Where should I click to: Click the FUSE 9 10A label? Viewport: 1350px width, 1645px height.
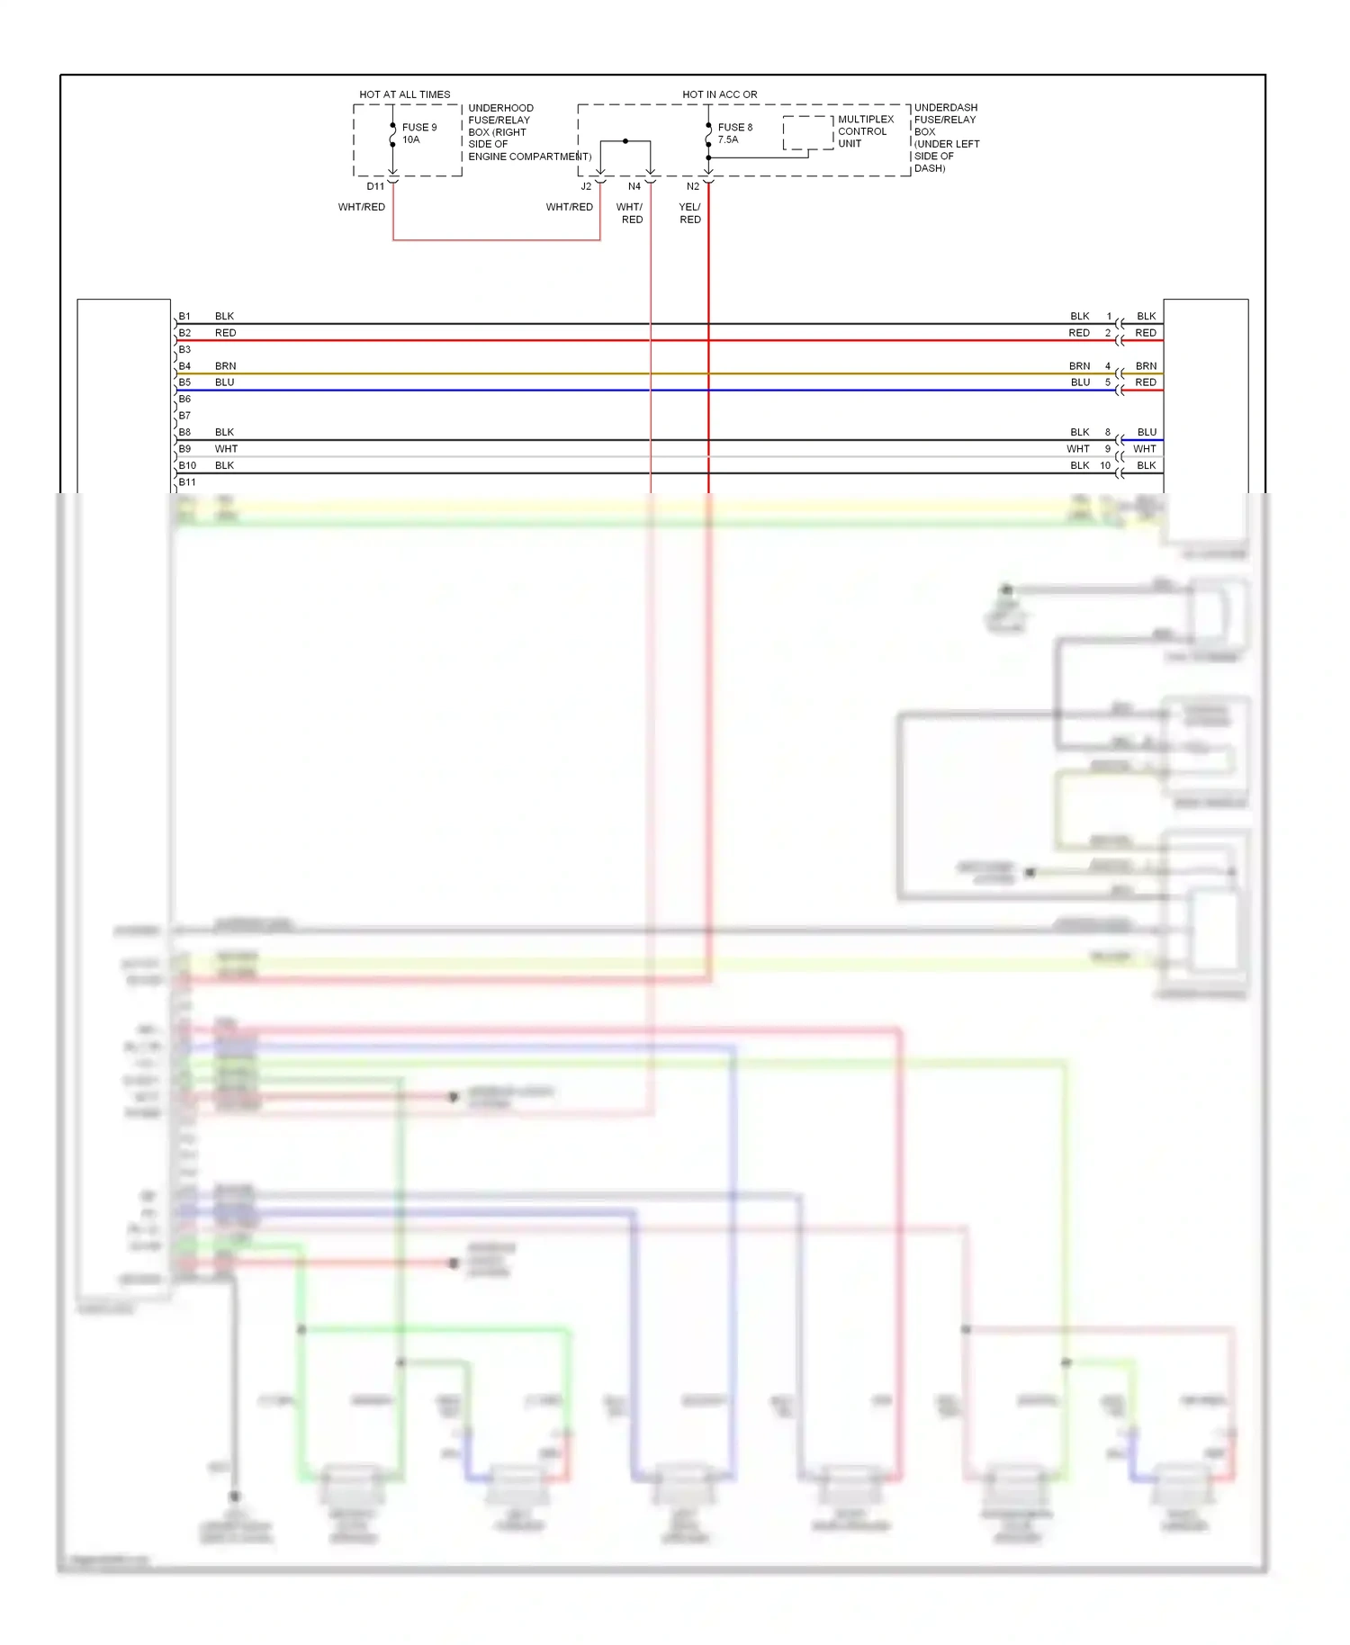[x=418, y=133]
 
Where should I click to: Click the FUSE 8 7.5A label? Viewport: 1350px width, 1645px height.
[x=734, y=133]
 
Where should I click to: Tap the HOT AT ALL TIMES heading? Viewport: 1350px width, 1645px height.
[x=404, y=94]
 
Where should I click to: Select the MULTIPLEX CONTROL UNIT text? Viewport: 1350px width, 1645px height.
[x=865, y=131]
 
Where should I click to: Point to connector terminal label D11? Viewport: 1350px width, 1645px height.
[x=375, y=186]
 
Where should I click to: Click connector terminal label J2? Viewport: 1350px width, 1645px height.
[x=586, y=186]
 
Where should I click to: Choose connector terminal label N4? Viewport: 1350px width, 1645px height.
[x=634, y=186]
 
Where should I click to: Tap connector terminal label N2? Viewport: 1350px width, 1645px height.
[x=692, y=186]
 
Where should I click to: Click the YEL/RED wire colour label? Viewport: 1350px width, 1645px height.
[x=689, y=213]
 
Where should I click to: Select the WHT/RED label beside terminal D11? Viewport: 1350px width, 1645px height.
[x=361, y=207]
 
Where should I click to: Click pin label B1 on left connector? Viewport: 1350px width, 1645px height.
[x=184, y=316]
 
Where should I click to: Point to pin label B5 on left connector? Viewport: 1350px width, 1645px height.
[x=184, y=382]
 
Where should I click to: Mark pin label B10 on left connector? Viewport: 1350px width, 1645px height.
[x=187, y=465]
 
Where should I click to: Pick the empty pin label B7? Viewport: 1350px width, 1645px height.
[x=184, y=416]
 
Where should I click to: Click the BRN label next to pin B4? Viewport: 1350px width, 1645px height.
[x=225, y=366]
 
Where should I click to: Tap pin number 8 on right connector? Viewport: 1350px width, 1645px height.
[x=1108, y=432]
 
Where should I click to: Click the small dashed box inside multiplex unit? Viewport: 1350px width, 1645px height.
[x=807, y=132]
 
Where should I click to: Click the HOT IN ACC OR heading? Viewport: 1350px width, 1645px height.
[x=719, y=94]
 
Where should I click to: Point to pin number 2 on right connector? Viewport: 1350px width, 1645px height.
[x=1108, y=333]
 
